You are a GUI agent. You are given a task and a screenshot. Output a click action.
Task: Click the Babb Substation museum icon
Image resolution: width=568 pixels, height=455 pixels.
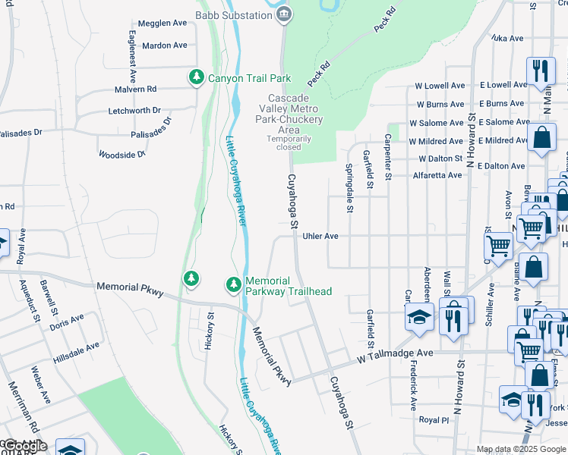[284, 14]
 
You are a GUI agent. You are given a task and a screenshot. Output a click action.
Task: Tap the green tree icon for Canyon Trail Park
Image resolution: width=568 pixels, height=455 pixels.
[196, 77]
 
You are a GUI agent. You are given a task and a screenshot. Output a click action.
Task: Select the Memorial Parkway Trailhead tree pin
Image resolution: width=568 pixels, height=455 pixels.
[234, 285]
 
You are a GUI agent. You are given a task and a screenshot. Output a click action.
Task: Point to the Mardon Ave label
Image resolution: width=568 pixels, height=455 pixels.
[164, 45]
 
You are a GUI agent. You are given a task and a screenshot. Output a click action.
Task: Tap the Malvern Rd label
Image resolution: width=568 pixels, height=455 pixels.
[136, 89]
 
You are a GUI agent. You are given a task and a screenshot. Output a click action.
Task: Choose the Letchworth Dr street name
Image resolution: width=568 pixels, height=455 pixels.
[134, 110]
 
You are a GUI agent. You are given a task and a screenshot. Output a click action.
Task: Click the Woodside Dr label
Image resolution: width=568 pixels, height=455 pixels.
[121, 155]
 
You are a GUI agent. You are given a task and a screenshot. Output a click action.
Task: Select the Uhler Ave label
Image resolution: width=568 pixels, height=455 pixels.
[320, 236]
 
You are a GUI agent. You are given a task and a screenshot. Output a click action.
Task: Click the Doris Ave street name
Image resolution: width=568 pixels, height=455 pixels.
[66, 322]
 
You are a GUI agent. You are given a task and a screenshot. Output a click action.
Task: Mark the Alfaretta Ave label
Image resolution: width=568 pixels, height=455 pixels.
[437, 175]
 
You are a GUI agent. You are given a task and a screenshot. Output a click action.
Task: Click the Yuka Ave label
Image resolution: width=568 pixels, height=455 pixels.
[507, 38]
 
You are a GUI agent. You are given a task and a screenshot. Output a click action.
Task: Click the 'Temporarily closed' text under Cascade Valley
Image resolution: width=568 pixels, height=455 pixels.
[289, 143]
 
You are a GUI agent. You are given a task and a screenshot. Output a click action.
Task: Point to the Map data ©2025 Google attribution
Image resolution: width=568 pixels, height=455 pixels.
[521, 449]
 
